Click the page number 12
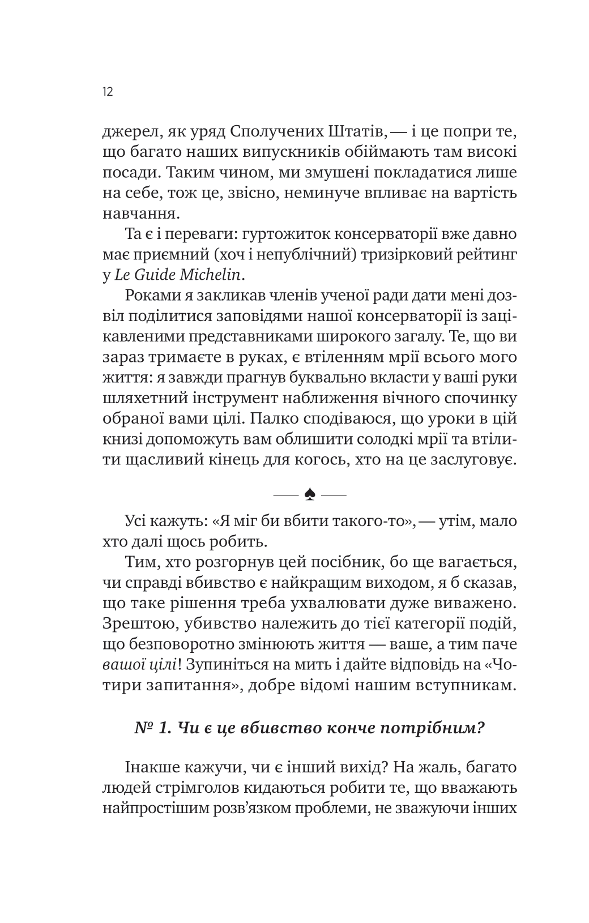[x=108, y=92]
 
